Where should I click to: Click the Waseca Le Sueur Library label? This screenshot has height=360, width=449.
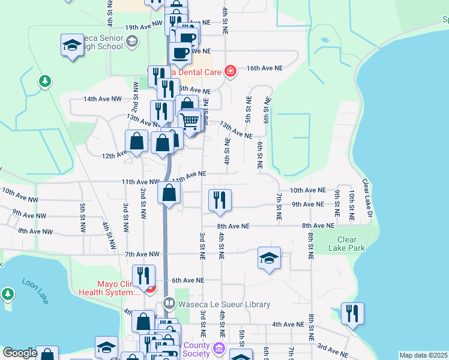pyautogui.click(x=224, y=305)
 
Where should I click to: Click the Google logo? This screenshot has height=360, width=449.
pyautogui.click(x=19, y=353)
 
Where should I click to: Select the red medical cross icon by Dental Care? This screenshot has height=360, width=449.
pyautogui.click(x=230, y=71)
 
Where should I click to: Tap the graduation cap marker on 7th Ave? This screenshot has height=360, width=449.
pyautogui.click(x=269, y=258)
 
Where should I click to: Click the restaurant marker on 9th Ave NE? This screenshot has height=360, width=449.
pyautogui.click(x=220, y=200)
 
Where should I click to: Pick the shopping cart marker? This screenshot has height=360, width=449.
pyautogui.click(x=190, y=121)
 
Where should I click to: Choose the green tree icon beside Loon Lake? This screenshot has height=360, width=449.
pyautogui.click(x=7, y=293)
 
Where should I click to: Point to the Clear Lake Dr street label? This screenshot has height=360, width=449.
pyautogui.click(x=367, y=198)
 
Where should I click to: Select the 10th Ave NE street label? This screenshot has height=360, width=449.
pyautogui.click(x=307, y=190)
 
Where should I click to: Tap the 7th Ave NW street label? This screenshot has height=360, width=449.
pyautogui.click(x=142, y=254)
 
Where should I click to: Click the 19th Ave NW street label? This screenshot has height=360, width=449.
pyautogui.click(x=144, y=25)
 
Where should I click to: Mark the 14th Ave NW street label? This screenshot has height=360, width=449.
pyautogui.click(x=103, y=98)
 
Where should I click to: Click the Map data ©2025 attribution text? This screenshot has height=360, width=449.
pyautogui.click(x=423, y=355)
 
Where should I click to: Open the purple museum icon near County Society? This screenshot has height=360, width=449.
pyautogui.click(x=218, y=348)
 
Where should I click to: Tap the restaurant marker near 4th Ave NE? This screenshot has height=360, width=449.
pyautogui.click(x=352, y=313)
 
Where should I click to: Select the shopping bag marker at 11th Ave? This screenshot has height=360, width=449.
pyautogui.click(x=169, y=193)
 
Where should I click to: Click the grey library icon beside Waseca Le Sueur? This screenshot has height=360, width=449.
pyautogui.click(x=170, y=305)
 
